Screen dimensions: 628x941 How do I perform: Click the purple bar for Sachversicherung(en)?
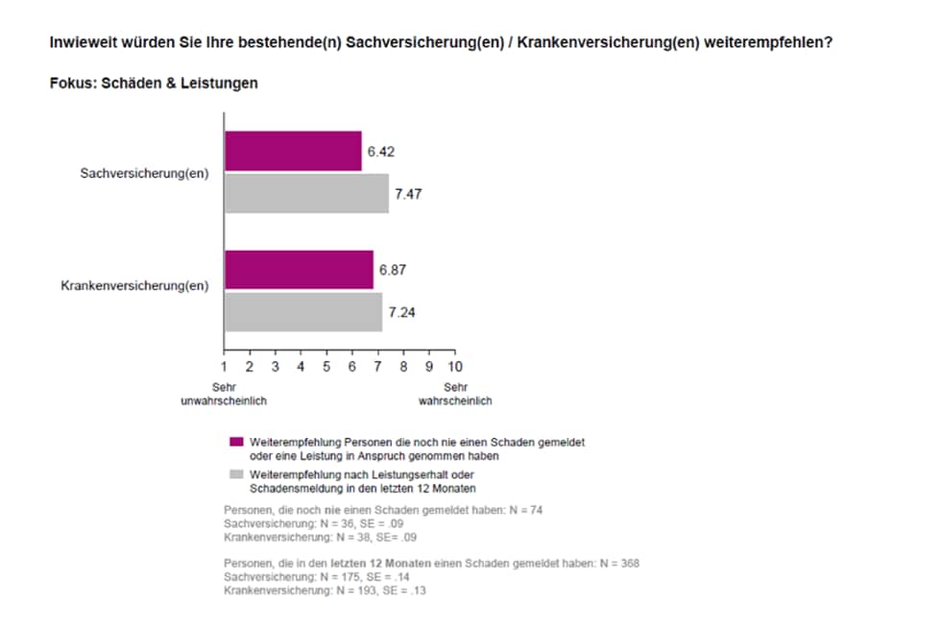(x=293, y=152)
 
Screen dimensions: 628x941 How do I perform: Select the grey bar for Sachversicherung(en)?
(x=306, y=193)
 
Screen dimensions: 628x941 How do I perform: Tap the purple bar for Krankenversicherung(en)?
(x=299, y=270)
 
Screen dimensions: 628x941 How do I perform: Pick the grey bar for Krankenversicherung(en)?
(x=303, y=312)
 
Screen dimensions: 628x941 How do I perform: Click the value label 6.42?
(x=381, y=152)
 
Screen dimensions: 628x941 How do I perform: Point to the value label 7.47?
(x=407, y=194)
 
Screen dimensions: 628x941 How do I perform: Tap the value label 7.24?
(x=401, y=313)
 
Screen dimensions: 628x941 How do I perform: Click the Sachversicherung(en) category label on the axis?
(x=145, y=174)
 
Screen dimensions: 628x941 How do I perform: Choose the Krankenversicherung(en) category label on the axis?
(x=135, y=285)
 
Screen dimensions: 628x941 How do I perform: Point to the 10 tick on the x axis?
(x=455, y=367)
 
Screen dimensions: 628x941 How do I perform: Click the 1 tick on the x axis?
(x=224, y=367)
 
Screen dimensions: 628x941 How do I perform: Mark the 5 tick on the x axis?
(x=326, y=367)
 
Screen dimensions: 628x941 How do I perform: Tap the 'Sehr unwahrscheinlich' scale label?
(x=224, y=394)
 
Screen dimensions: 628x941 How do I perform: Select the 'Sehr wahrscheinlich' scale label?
(x=455, y=394)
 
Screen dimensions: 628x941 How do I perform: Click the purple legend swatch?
(x=236, y=442)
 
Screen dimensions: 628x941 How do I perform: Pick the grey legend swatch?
(x=236, y=475)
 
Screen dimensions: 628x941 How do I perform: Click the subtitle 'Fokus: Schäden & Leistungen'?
(x=154, y=84)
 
